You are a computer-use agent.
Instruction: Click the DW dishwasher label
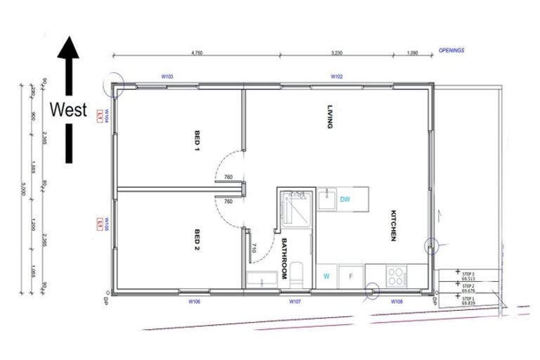point(345,200)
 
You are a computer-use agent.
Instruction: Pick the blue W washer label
point(326,276)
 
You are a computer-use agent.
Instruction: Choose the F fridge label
point(351,276)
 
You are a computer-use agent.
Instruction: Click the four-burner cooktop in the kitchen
point(396,275)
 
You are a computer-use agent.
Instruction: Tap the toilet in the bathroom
point(297,272)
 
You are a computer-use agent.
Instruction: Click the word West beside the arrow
point(68,110)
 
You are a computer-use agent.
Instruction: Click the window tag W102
point(337,76)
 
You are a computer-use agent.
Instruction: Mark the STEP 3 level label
point(470,272)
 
